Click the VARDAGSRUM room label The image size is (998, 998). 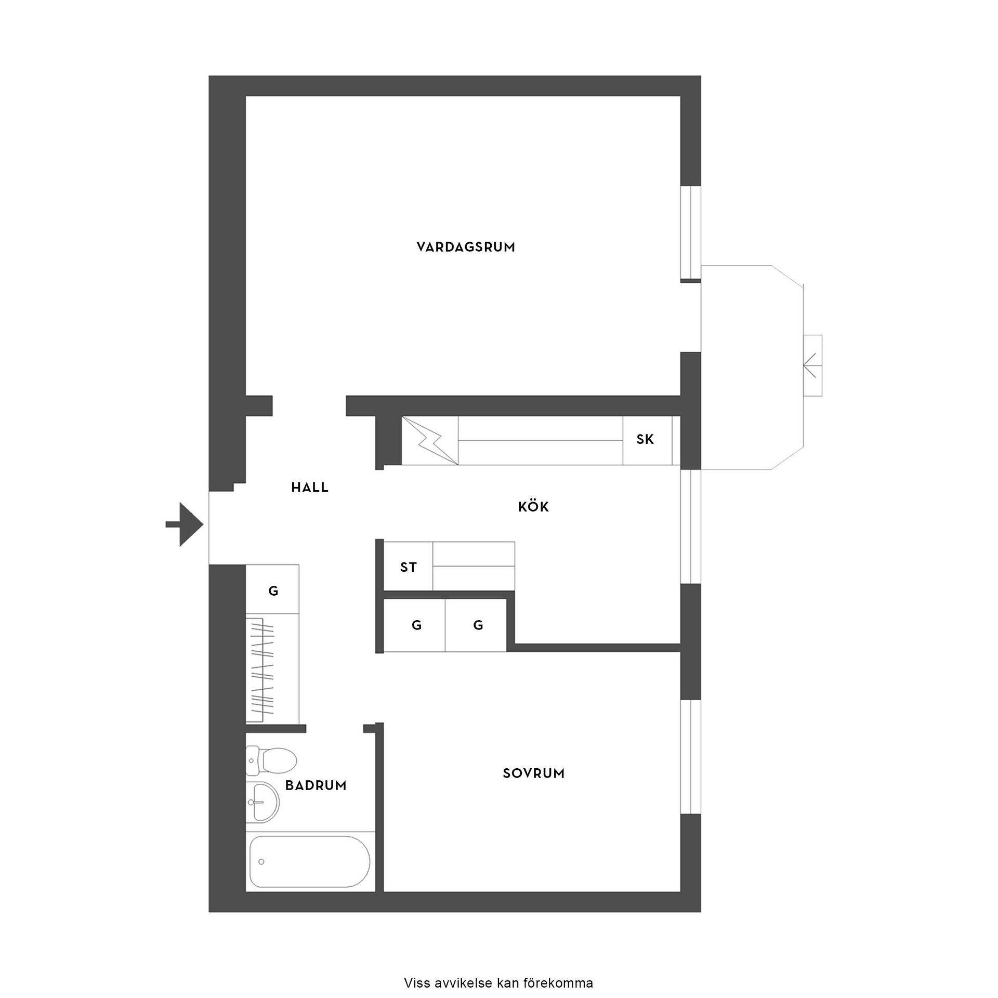[x=466, y=247]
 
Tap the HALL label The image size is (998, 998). [x=310, y=487]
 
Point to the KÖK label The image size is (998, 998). [x=534, y=506]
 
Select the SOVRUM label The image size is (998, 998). [x=534, y=773]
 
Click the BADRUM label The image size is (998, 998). [x=316, y=785]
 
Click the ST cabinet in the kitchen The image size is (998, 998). [x=409, y=566]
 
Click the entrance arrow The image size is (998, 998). [x=184, y=524]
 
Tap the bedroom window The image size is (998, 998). [x=691, y=757]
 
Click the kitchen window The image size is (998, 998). [x=691, y=526]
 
